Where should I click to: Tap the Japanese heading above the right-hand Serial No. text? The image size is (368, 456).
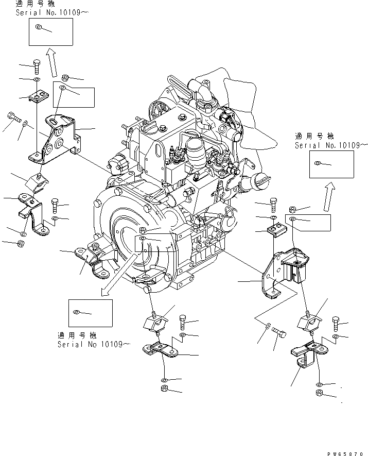tap(314, 137)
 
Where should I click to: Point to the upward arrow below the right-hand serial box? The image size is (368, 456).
tap(326, 197)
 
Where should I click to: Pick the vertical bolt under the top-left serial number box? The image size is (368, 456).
tap(37, 66)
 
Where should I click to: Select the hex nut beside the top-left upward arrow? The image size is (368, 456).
tap(65, 78)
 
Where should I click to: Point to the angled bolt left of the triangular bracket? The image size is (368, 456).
tap(12, 118)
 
